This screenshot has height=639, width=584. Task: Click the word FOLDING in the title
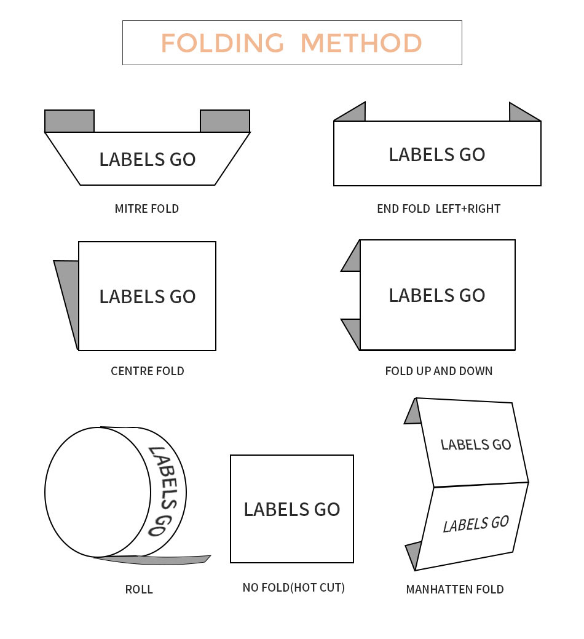coord(223,43)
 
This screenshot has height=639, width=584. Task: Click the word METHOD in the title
coord(361,43)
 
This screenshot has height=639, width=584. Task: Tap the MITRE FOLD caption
coord(146,208)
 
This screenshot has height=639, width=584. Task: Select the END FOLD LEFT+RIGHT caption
coord(438,208)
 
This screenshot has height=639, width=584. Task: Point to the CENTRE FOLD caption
coord(148,371)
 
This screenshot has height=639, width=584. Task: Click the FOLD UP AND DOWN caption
coord(438,371)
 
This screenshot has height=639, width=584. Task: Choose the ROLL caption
coord(139,589)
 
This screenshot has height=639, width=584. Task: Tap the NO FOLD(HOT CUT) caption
coord(294,587)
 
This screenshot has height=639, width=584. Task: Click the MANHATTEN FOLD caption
coord(455,589)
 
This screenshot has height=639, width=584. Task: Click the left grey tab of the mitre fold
coord(69,121)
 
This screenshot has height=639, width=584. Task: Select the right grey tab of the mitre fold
coord(225,121)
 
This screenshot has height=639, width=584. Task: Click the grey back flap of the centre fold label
coord(69,293)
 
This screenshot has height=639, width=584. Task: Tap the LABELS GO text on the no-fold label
coord(292,509)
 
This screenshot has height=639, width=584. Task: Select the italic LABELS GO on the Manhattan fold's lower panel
coord(476,524)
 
